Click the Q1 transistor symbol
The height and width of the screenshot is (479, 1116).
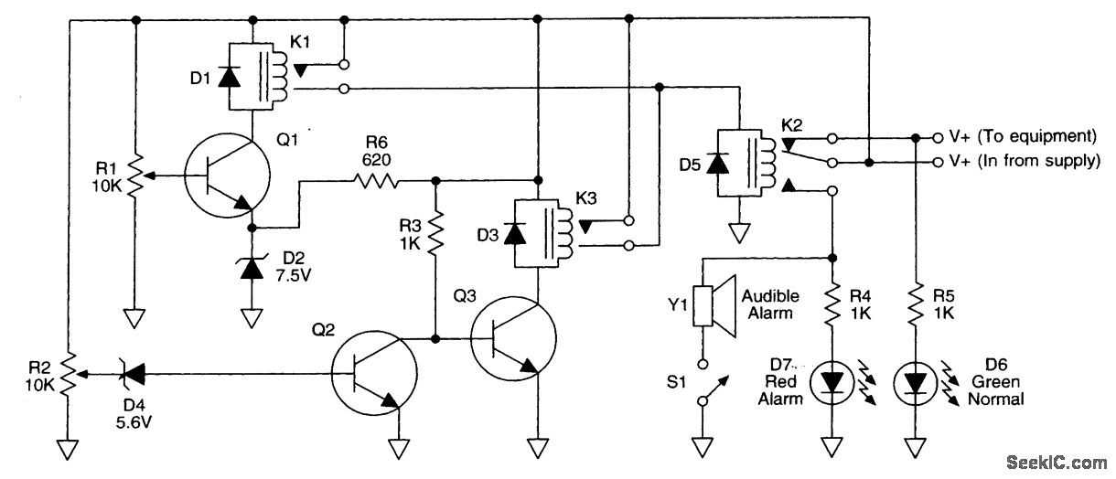coord(227,175)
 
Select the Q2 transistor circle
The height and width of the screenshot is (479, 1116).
coord(374,373)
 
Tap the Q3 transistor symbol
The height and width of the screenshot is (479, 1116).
coord(513,339)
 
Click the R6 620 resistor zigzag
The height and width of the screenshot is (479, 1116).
coord(376,180)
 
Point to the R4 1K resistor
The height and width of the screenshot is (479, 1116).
coord(832,304)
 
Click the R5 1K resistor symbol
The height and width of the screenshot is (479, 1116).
coord(916,304)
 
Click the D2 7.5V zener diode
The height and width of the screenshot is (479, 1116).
coord(252,269)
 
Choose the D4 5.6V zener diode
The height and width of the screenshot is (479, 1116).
coord(133,374)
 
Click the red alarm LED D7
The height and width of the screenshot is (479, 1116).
coord(832,383)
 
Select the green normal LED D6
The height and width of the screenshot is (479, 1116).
coord(916,383)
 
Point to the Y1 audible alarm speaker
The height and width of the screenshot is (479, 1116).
coord(715,306)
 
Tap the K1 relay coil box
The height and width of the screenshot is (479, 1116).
coord(251,76)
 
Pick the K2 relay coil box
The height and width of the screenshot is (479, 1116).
coord(739,164)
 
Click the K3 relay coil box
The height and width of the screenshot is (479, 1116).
coord(536,233)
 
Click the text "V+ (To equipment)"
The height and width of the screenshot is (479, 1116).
coord(1023,136)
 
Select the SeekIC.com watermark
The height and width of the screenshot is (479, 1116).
coord(1057,463)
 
